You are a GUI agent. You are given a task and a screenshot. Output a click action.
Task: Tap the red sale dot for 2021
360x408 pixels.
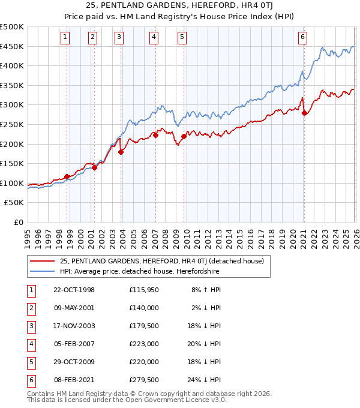point(304,113)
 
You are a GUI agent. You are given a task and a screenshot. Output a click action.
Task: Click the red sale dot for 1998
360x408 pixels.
point(67,176)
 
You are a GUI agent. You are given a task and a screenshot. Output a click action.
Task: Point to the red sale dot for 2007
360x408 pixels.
point(155,135)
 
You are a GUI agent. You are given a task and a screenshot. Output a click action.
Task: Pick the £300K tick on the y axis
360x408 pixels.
point(12,105)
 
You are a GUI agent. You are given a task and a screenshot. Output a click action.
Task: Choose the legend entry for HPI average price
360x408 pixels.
point(139,271)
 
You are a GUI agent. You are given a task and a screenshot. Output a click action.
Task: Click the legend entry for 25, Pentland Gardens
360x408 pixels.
point(166,260)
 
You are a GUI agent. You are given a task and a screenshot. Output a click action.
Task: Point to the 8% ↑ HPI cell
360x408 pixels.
point(206,291)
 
